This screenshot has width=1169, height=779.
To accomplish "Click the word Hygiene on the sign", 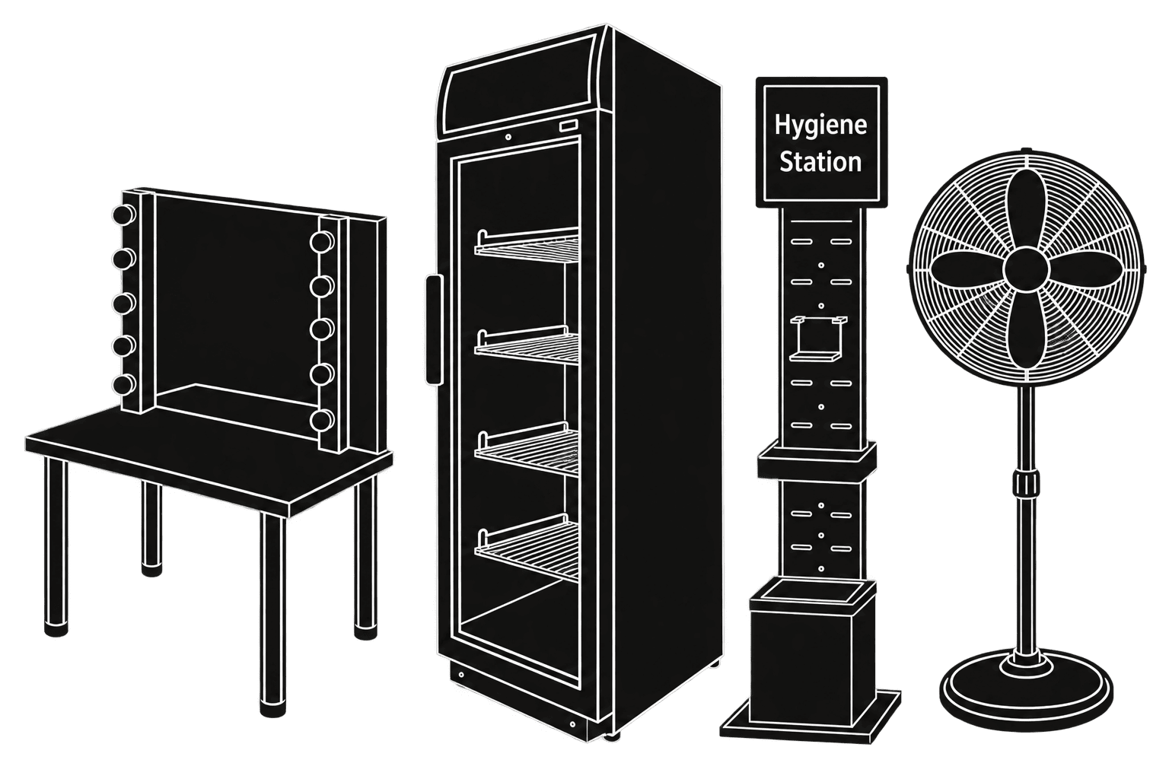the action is tap(820, 126).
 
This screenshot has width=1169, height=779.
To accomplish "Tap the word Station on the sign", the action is tap(820, 161).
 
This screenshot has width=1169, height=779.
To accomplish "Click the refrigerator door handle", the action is tap(433, 329).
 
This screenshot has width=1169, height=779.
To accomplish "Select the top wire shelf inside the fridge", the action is tap(527, 244).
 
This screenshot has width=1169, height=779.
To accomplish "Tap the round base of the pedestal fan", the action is tap(1026, 690).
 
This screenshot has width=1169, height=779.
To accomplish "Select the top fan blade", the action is tap(1026, 211).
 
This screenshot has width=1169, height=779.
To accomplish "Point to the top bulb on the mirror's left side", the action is tap(124, 214).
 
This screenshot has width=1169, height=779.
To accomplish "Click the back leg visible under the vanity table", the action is tap(151, 528).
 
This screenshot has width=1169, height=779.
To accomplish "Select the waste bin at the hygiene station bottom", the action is tap(813, 652).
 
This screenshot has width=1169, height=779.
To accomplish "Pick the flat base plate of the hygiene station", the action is tap(811, 717).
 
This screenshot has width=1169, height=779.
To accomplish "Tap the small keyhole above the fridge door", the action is tap(508, 137).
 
